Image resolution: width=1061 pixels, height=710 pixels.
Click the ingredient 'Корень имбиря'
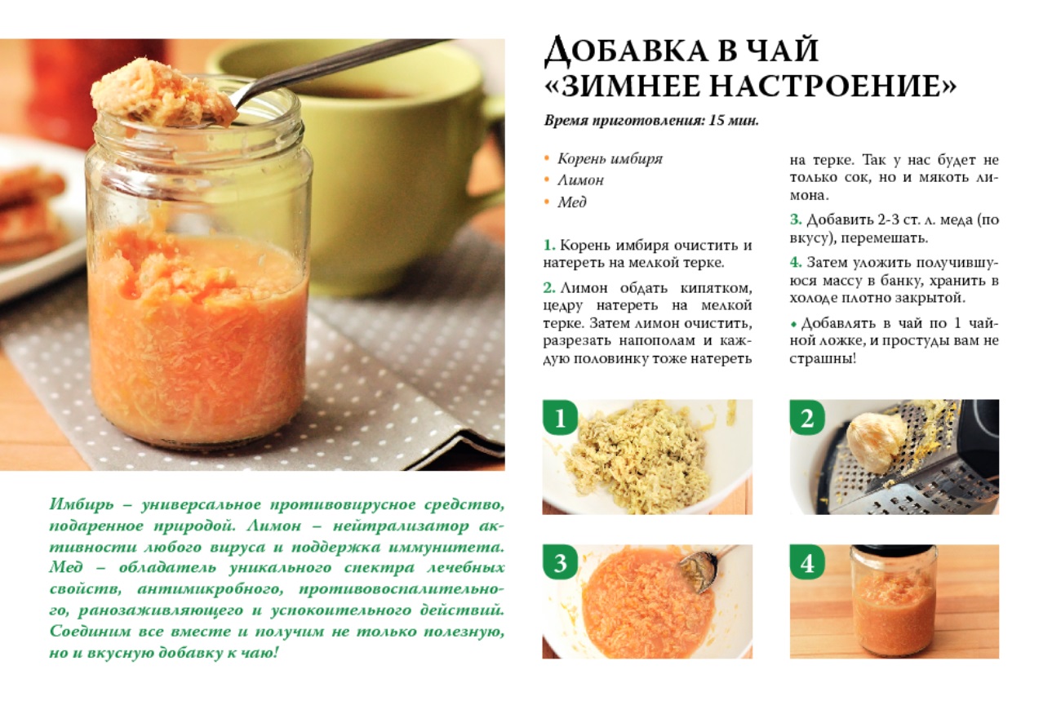point(610,158)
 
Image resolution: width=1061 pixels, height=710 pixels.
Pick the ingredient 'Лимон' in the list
point(581,180)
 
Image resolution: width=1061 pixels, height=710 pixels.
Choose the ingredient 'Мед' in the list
point(571,202)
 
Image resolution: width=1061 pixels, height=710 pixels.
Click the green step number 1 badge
point(559,417)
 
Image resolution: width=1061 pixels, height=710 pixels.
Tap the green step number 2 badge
point(807,417)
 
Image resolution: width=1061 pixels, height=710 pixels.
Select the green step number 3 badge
point(559,562)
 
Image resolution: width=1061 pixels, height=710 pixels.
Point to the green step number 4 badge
point(807,562)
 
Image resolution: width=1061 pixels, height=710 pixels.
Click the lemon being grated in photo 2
point(872,441)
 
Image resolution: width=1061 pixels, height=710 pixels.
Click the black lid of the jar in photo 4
point(894,550)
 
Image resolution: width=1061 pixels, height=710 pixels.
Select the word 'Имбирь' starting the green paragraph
point(82,504)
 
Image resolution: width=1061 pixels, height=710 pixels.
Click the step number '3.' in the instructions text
point(795,220)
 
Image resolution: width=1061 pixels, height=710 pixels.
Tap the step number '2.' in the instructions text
point(549,288)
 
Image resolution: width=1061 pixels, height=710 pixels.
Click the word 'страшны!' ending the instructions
point(823,358)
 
